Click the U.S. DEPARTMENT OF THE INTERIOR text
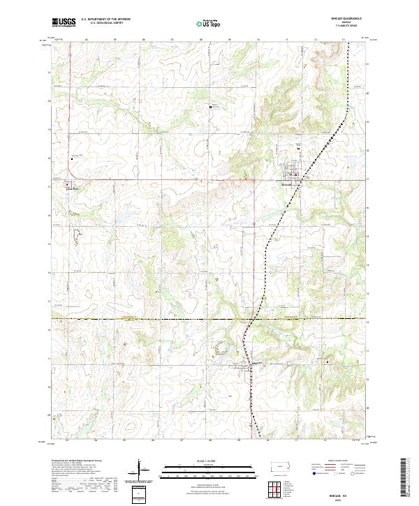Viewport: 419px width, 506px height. coord(105,19)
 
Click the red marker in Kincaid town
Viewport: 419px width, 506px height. coord(295,174)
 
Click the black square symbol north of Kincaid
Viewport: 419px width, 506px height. coord(212,107)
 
